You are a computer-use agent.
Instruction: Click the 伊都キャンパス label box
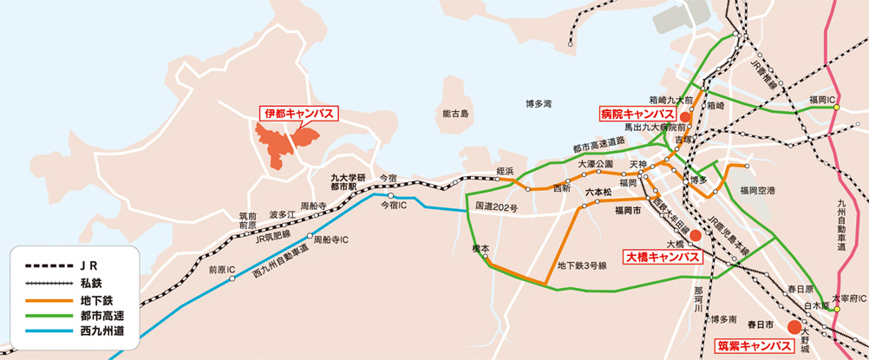297,114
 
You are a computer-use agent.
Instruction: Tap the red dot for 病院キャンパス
684,116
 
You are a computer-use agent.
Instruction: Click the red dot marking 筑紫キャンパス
793,327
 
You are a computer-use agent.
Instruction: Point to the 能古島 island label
454,114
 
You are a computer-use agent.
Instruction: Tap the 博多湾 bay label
538,103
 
